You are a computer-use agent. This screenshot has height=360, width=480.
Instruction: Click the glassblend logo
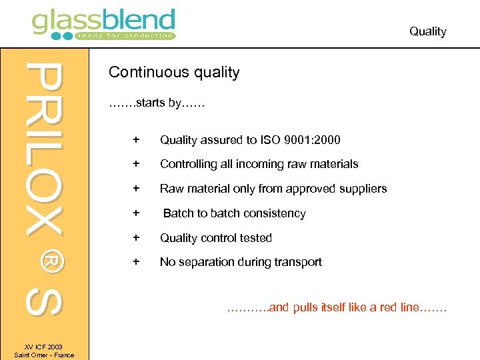pos(103,24)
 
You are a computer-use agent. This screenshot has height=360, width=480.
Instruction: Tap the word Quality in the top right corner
pos(427,31)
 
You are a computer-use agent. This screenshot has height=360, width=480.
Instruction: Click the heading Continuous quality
pos(173,72)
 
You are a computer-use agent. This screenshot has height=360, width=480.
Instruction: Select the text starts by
pos(156,103)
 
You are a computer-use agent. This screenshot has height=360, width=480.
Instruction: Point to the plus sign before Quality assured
pos(136,139)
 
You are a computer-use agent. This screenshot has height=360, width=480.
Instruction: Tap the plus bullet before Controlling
pos(136,164)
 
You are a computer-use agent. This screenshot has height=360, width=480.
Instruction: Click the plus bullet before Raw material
pos(136,189)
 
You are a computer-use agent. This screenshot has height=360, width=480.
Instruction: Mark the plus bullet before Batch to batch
pos(136,213)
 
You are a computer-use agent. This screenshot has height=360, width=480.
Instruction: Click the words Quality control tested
pos(215,238)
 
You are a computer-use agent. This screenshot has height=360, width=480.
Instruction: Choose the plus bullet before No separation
pos(136,262)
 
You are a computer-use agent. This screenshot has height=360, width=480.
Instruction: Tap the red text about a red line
pos(337,308)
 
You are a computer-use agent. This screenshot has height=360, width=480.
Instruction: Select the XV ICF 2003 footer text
pos(44,347)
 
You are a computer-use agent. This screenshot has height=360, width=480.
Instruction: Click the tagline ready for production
pos(125,35)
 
